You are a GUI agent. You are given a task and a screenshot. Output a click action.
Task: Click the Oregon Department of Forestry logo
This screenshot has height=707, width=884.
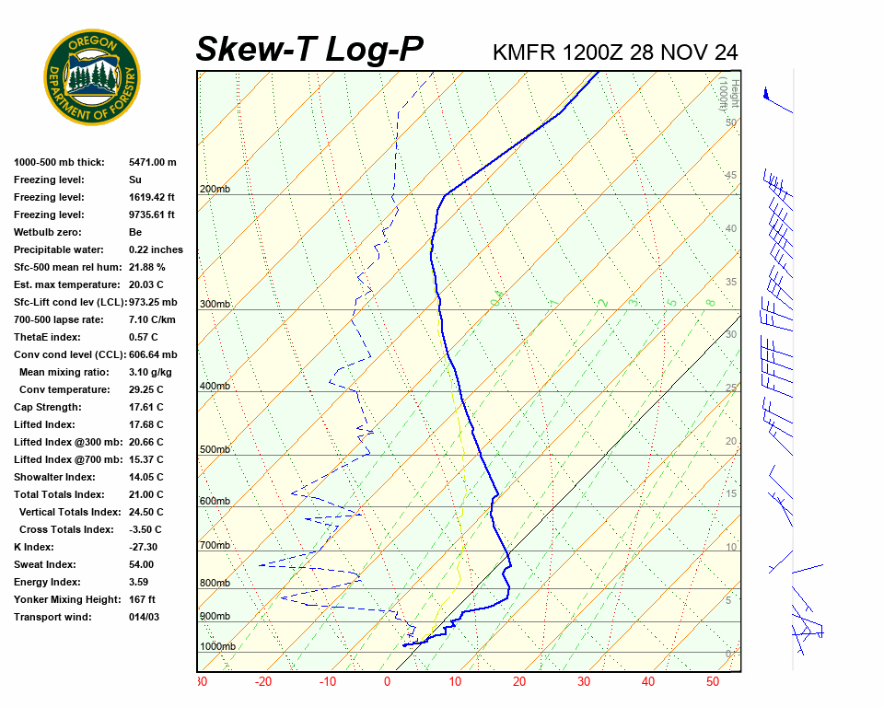click(x=92, y=77)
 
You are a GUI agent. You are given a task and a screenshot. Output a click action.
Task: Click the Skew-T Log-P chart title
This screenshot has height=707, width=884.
click(x=309, y=50)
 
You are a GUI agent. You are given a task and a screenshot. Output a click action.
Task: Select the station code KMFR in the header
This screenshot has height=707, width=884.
click(x=524, y=52)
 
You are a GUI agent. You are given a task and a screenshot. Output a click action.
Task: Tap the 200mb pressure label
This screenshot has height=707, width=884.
click(x=215, y=190)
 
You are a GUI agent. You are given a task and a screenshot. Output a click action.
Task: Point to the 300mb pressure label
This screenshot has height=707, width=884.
click(x=215, y=305)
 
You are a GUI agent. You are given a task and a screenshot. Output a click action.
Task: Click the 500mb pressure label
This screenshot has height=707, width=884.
click(x=215, y=450)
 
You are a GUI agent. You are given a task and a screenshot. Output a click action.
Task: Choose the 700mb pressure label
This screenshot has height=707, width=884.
click(x=215, y=546)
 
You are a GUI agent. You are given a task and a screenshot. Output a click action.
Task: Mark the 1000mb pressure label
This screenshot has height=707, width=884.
click(x=217, y=647)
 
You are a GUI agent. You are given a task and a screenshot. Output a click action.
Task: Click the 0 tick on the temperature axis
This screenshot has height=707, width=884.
click(x=387, y=682)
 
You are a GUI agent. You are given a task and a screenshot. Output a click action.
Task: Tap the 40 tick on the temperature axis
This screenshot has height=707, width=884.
click(x=648, y=682)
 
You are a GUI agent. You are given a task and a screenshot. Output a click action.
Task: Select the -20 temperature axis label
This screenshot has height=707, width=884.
click(x=263, y=682)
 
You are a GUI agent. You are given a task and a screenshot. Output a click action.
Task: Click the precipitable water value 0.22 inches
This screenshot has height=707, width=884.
click(x=156, y=249)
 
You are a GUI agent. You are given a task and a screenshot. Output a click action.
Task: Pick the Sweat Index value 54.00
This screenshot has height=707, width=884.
click(x=142, y=564)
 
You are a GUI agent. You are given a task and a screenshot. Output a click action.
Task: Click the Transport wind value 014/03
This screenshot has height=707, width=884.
click(x=144, y=617)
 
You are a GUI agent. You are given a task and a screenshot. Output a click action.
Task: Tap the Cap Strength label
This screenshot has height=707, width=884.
click(x=48, y=407)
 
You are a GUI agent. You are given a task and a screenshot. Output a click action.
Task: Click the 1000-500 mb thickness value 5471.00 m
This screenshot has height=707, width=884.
click(x=152, y=162)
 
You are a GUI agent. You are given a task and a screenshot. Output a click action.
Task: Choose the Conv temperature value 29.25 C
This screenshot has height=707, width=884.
click(x=145, y=389)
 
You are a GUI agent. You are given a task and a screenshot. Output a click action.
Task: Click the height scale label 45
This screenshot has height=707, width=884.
click(x=731, y=176)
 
